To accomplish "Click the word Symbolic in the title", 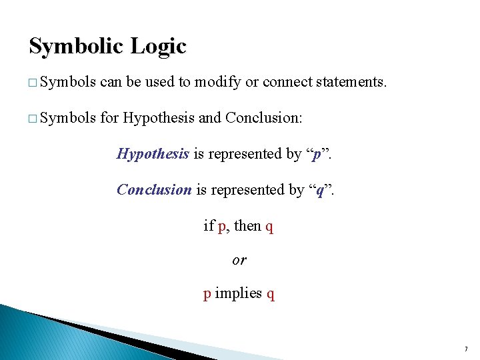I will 75,47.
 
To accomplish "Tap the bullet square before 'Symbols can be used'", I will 33,83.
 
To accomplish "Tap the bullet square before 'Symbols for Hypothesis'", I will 33,119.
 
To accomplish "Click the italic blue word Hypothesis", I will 153,154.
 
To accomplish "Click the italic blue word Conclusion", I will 154,189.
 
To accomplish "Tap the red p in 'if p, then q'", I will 221,227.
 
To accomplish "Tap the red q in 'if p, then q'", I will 269,227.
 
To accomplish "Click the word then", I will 247,226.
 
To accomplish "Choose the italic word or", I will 239,261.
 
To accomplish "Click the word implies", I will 239,294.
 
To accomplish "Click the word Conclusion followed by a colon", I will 263,119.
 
